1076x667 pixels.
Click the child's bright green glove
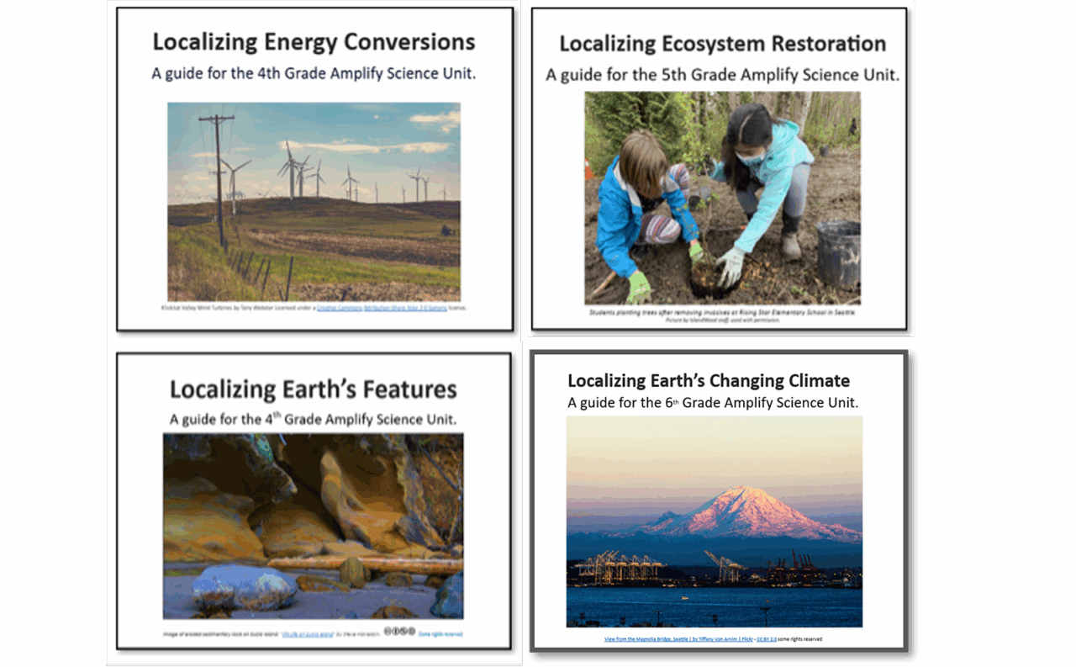coord(639,286)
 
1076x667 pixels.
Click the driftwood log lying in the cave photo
coord(361,564)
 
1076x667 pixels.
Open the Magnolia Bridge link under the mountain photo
coord(664,639)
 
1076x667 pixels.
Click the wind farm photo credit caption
coord(314,308)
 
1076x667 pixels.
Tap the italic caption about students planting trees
coord(722,313)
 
